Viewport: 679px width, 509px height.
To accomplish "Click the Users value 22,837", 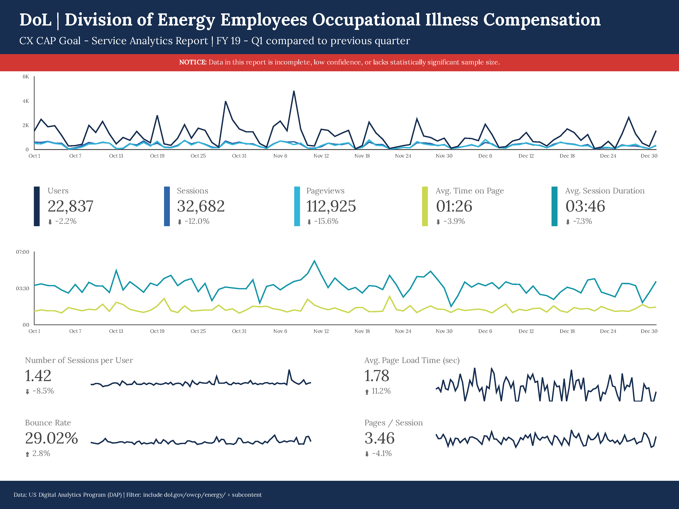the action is (x=70, y=206).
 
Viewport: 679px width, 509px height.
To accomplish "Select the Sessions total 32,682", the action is (x=201, y=206).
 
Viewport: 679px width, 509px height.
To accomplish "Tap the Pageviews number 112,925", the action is (x=331, y=206).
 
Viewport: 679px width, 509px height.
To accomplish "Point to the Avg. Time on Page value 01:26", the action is (x=454, y=206).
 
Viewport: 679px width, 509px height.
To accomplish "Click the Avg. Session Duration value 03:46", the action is (x=585, y=206).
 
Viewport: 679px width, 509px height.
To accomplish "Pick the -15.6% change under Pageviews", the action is (x=326, y=221).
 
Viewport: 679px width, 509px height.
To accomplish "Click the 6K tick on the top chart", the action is (x=26, y=77).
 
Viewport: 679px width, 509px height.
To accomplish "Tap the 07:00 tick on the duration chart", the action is (x=23, y=252).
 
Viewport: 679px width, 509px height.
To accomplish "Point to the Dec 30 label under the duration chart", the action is (x=649, y=331).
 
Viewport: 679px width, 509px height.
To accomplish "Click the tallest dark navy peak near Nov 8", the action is (x=294, y=91).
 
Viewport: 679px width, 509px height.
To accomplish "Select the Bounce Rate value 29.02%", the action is (x=51, y=438).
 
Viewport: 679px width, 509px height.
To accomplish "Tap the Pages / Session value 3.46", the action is (x=379, y=438).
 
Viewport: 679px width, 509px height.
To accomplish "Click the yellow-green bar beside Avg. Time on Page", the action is (x=425, y=206).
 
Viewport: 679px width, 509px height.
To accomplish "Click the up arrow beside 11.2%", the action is (x=367, y=392).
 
